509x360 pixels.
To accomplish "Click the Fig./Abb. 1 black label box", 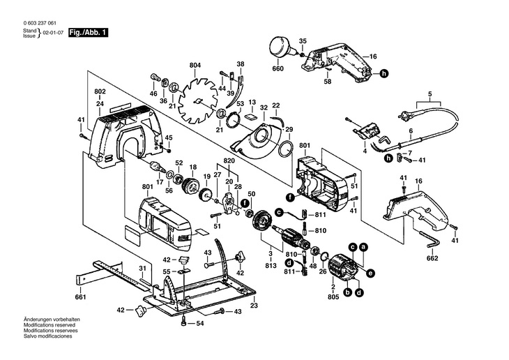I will (88, 33).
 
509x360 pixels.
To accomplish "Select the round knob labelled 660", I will (282, 50).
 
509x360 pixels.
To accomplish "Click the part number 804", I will (195, 66).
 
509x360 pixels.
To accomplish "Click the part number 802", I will (100, 92).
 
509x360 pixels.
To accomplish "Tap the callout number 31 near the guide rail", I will (142, 269).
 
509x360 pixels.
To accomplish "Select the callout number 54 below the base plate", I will (199, 324).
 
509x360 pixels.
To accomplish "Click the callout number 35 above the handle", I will (303, 41).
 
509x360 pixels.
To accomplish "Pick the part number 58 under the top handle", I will (328, 82).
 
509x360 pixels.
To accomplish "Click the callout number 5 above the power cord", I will (430, 94).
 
